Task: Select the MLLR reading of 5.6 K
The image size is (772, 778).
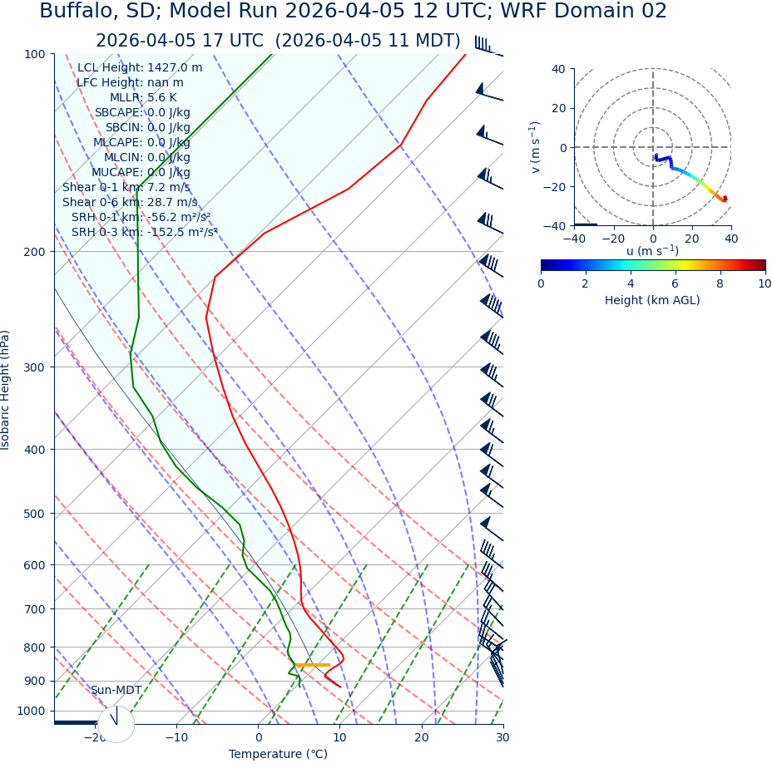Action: click(161, 97)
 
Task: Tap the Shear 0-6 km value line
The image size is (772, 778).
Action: click(130, 202)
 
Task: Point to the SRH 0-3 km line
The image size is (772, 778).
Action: click(144, 232)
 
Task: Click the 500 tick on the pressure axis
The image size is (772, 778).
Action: click(34, 514)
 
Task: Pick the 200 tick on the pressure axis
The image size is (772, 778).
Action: click(34, 251)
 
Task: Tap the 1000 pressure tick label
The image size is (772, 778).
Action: click(31, 711)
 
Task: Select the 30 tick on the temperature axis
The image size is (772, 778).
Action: click(502, 737)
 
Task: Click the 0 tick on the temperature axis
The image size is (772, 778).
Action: click(258, 737)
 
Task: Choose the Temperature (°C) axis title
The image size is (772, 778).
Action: click(278, 754)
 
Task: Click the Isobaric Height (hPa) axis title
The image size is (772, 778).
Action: click(6, 390)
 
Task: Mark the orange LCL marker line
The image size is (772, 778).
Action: click(312, 665)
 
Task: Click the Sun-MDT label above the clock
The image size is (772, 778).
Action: click(116, 690)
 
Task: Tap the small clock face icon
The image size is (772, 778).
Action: click(116, 724)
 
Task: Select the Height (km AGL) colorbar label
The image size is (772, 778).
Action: click(652, 300)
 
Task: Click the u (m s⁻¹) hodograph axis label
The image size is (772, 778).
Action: click(652, 251)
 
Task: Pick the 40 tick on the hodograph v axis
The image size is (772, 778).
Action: click(557, 69)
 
